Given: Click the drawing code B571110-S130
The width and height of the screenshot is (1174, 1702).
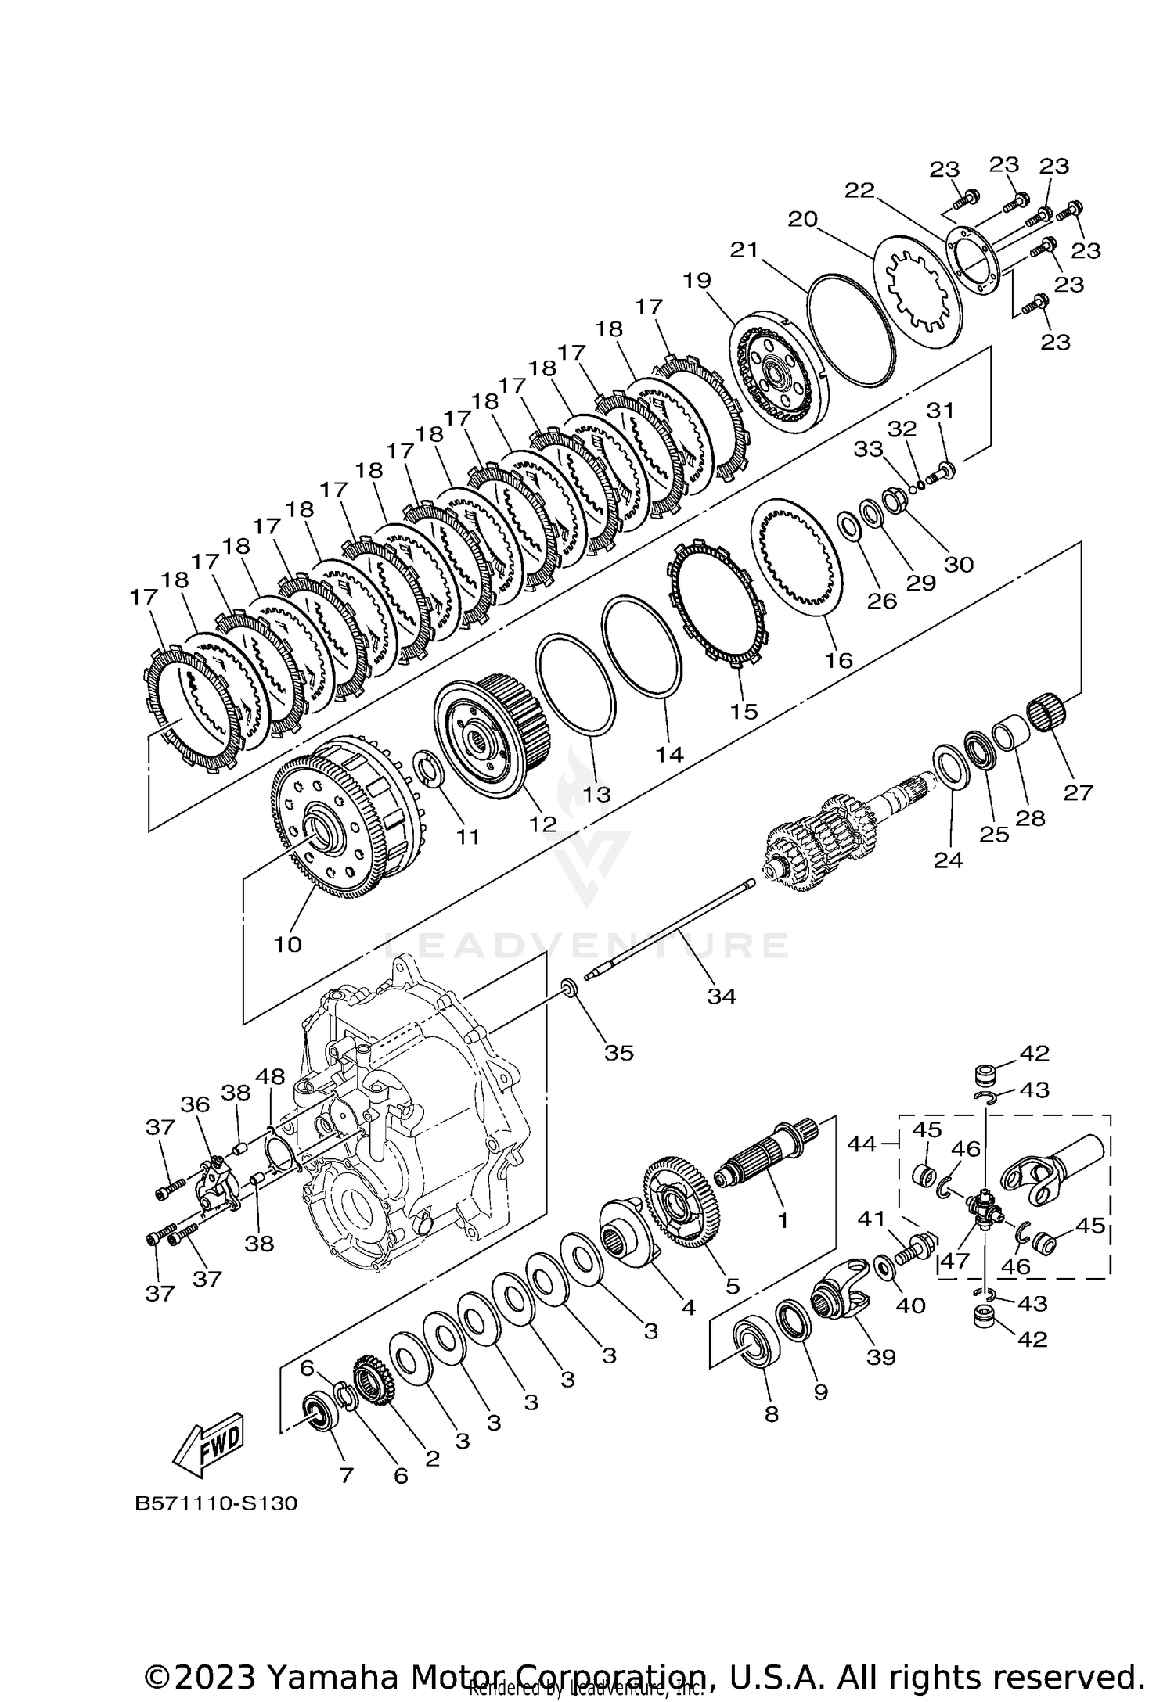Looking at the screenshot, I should click(216, 1525).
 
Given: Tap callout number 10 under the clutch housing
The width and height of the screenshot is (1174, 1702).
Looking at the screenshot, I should click(287, 944).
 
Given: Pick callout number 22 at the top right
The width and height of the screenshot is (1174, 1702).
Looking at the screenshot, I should click(859, 190).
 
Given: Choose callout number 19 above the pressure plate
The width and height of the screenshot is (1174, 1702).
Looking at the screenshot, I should click(698, 279).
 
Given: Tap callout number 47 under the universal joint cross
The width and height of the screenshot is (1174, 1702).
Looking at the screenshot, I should click(955, 1262).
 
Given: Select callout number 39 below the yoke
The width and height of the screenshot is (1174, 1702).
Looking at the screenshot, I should click(880, 1355).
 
